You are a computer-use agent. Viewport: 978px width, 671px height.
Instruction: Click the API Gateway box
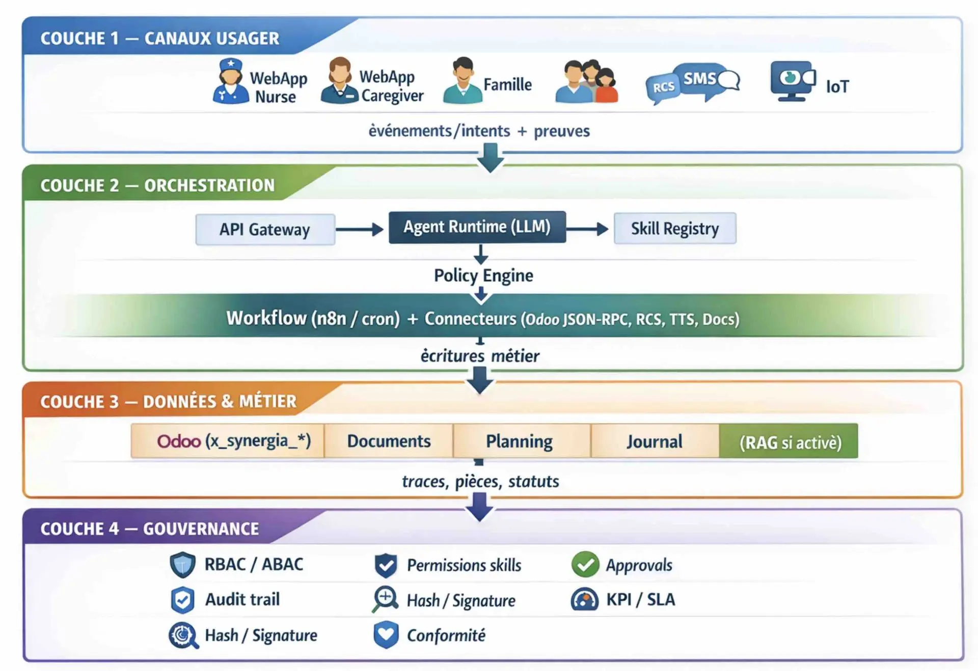265,230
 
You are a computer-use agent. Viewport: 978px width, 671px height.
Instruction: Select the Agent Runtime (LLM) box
477,227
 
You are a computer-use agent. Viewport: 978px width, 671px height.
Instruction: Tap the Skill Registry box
674,229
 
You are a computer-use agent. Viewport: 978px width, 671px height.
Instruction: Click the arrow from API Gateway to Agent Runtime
360,230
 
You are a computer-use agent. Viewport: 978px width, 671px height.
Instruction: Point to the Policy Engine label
483,275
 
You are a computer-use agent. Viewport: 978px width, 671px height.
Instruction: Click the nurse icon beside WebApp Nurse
231,81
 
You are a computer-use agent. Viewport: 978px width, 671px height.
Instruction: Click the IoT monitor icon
793,80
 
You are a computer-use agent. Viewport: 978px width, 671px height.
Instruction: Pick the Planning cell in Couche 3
519,441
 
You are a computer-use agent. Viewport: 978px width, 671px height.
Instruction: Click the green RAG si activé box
789,441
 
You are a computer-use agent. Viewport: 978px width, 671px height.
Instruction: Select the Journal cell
654,441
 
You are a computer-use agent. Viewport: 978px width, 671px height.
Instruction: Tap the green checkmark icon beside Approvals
585,565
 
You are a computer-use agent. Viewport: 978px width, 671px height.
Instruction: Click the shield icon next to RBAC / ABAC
182,565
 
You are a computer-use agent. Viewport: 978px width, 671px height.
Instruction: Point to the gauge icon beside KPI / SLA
585,600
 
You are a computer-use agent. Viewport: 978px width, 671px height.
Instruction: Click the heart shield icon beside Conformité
386,634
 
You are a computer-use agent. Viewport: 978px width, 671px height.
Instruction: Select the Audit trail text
242,600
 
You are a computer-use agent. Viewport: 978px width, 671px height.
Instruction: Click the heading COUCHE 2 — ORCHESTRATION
157,185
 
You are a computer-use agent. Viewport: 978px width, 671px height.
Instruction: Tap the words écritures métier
480,356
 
